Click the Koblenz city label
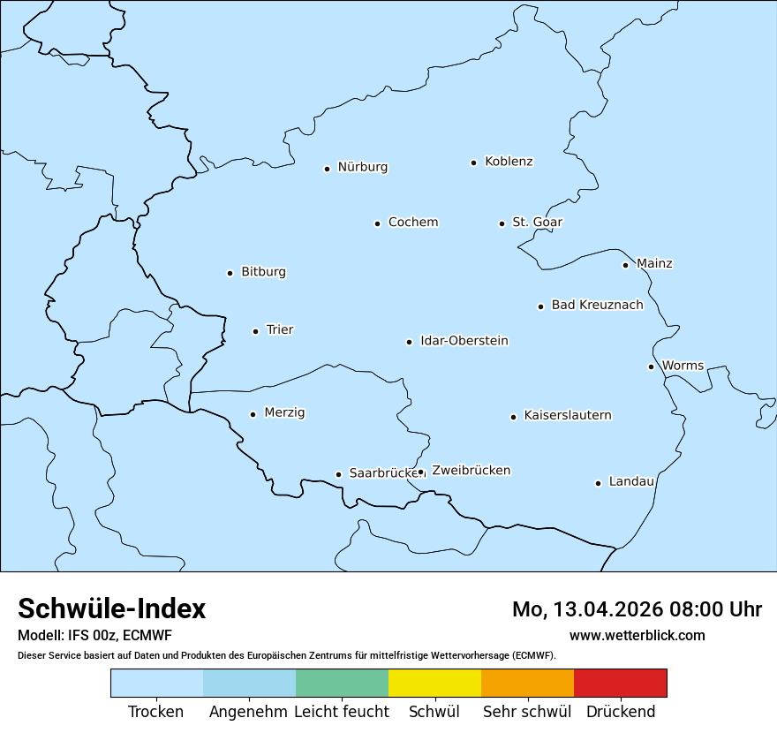coord(509,162)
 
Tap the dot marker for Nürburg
coord(327,169)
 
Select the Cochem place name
coord(413,223)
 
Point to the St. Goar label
coord(537,223)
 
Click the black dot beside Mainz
coord(625,265)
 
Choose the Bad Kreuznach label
coord(597,306)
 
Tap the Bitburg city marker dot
coord(230,274)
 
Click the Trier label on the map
coord(280,330)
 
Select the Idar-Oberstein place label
coord(464,341)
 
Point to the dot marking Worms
coord(651,366)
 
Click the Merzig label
coord(284,413)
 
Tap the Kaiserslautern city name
coord(568,416)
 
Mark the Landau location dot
coord(598,483)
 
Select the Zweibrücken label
coord(471,471)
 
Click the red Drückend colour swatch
coord(620,684)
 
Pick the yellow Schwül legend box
coord(434,684)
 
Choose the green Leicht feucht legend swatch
coord(342,684)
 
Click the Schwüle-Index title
coord(112,609)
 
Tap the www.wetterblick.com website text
coord(637,636)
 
